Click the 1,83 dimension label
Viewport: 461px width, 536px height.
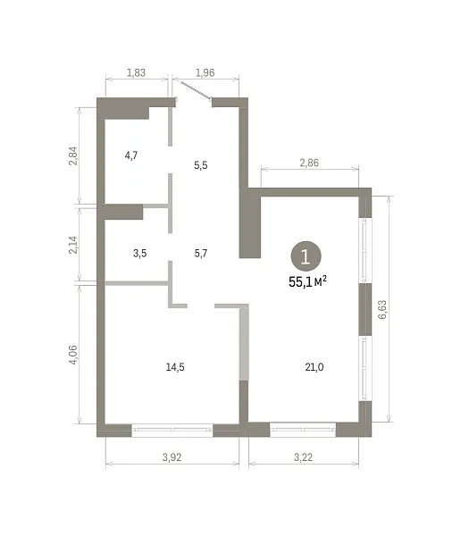click(136, 73)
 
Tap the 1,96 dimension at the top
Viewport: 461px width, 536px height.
click(205, 73)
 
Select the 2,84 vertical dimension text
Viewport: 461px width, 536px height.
click(73, 155)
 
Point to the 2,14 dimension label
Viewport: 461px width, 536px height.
click(73, 245)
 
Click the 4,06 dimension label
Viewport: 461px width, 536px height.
click(73, 355)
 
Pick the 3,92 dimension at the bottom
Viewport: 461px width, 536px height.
click(172, 457)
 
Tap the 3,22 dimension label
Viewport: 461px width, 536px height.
click(303, 457)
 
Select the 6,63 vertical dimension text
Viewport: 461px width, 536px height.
click(382, 309)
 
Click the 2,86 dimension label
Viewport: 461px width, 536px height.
click(309, 163)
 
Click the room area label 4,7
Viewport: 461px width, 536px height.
click(131, 155)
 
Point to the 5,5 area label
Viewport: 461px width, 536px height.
click(201, 165)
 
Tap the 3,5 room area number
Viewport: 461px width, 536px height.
click(140, 254)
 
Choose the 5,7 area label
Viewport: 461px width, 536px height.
click(201, 254)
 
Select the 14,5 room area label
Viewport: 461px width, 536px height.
click(175, 367)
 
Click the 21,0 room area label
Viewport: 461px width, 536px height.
click(314, 367)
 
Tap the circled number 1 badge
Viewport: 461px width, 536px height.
click(306, 256)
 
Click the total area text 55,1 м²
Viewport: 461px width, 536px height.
click(308, 281)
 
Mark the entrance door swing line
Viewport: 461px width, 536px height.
click(196, 90)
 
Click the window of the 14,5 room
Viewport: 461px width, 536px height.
click(172, 430)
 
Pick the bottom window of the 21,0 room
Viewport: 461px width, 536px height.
click(303, 430)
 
